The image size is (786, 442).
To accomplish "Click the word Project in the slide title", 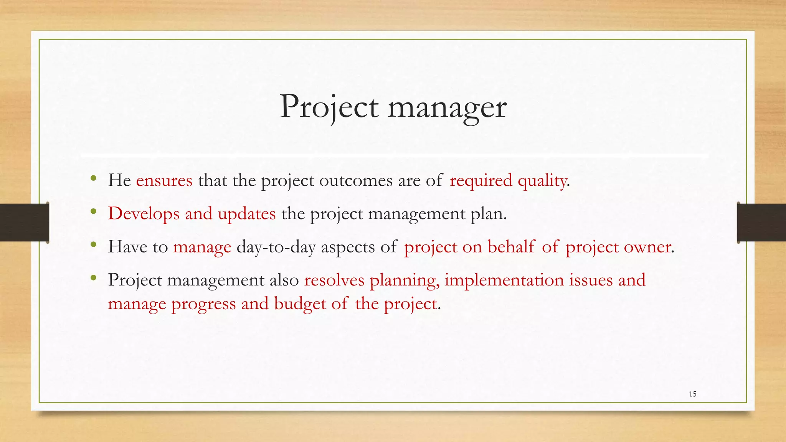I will coord(329,107).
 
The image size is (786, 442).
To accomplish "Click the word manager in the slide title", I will coord(447,108).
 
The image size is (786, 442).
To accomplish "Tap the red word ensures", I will coord(164,180).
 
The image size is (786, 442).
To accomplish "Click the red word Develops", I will coord(144,214).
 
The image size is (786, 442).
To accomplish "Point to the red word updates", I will coord(246,214).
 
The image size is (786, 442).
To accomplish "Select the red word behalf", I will coord(511,247).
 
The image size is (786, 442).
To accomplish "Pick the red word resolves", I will coord(334,280).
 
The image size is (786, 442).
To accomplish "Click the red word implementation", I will coord(504,280).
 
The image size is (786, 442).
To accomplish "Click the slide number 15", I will coord(693,394).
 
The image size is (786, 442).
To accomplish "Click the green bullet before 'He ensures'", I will coord(93,178).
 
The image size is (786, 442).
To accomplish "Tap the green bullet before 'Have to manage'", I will coord(93,244).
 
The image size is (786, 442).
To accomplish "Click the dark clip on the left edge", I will coord(24,223).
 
